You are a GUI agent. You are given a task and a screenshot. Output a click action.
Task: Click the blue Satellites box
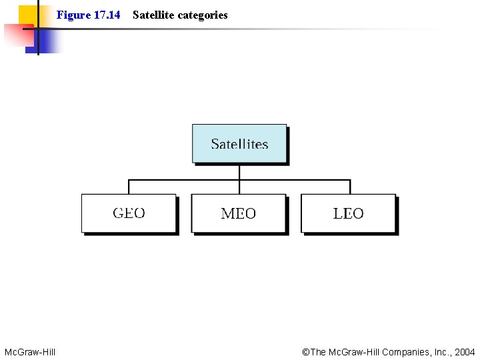pos(239,143)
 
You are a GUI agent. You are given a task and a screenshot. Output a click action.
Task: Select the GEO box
pos(129,213)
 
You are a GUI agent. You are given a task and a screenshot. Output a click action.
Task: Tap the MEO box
pos(239,213)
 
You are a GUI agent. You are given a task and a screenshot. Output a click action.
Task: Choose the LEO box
pos(348,213)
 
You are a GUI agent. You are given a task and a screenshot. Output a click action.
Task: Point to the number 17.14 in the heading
pos(107,15)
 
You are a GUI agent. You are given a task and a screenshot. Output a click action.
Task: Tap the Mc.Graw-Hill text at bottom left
pos(30,352)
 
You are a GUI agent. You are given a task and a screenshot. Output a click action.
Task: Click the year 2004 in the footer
pos(464,352)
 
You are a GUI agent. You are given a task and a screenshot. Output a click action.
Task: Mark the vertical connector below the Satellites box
pos(239,171)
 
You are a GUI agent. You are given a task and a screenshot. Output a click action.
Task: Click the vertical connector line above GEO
pos(129,187)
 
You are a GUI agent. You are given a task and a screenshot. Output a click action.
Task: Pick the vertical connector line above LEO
pos(350,187)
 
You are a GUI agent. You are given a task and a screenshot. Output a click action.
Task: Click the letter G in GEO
pos(118,213)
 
